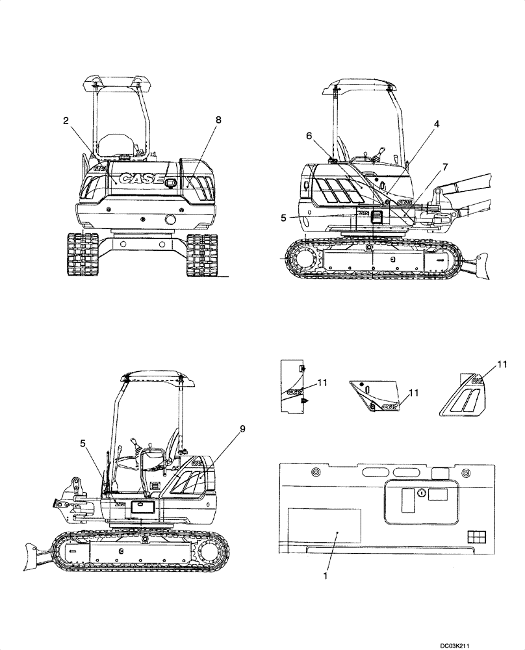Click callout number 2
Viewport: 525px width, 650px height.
click(x=66, y=120)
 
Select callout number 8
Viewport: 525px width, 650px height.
click(x=218, y=120)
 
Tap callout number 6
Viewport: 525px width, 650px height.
click(x=309, y=135)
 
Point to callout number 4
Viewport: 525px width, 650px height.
click(x=437, y=123)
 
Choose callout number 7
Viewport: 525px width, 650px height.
click(x=444, y=167)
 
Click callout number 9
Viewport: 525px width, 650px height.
click(x=242, y=428)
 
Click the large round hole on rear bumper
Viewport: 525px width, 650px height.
click(x=170, y=220)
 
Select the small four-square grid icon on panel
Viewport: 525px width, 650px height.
click(x=476, y=536)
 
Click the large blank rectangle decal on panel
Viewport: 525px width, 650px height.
click(x=324, y=527)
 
